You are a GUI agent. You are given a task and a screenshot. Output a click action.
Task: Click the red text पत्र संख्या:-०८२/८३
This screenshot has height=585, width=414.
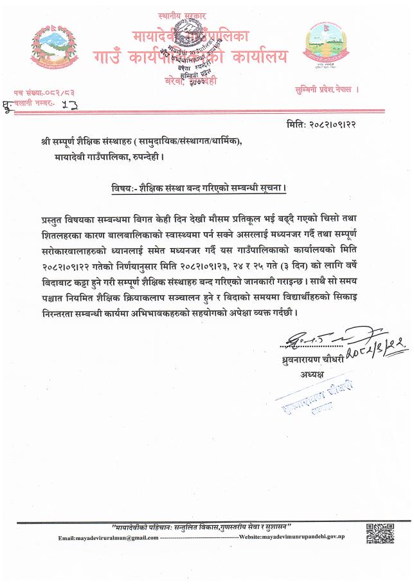[44, 93]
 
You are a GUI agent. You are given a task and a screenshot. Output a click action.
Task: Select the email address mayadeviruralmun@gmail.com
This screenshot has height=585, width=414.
[107, 537]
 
